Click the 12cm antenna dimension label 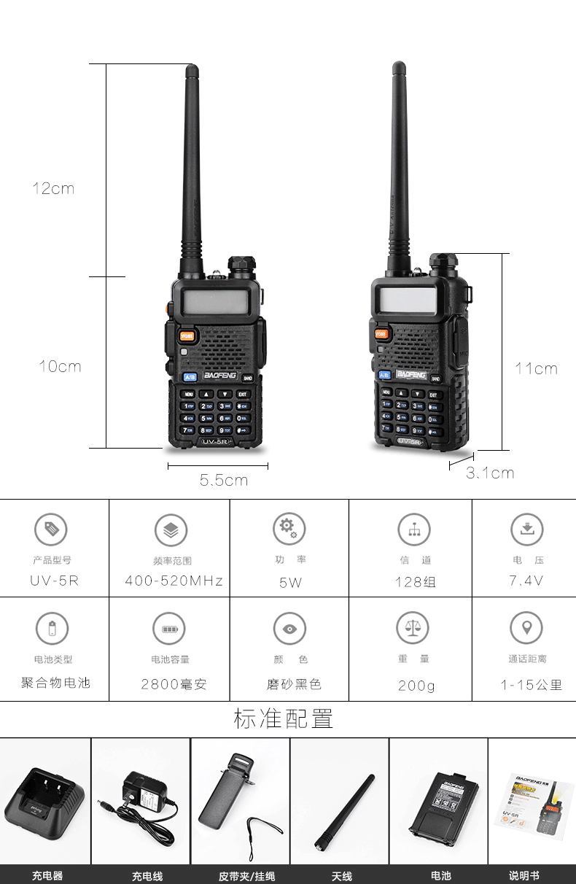click(53, 188)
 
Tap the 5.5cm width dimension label click(224, 480)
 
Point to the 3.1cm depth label click(490, 473)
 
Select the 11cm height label click(536, 368)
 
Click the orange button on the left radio click(187, 336)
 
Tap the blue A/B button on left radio click(189, 377)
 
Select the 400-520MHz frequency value click(174, 581)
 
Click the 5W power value click(289, 582)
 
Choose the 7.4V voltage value click(526, 581)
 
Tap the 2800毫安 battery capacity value click(174, 684)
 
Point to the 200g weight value click(416, 685)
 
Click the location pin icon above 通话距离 click(526, 627)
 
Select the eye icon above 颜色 click(289, 628)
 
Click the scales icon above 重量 click(413, 627)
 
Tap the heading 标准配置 click(284, 718)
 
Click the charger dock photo click(45, 802)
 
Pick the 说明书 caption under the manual click(524, 875)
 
